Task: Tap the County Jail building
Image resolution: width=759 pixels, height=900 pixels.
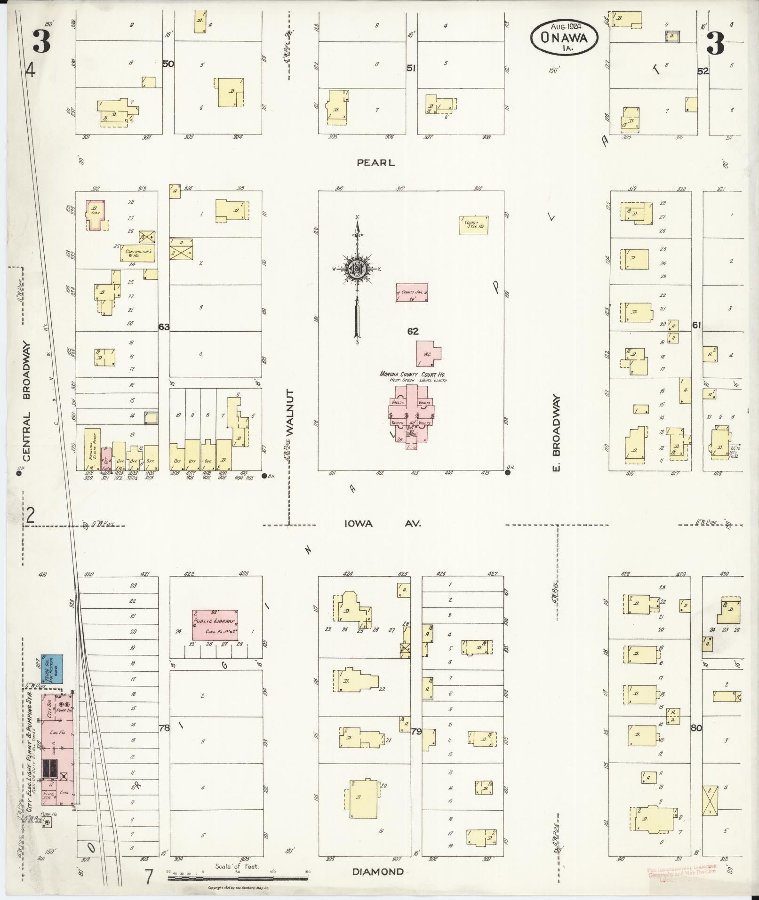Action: (412, 292)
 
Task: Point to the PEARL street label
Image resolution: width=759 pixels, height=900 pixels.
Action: (376, 163)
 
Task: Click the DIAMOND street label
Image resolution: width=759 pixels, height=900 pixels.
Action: (378, 872)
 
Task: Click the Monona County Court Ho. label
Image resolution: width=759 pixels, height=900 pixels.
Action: (413, 374)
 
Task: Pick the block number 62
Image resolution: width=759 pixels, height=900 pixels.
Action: (413, 332)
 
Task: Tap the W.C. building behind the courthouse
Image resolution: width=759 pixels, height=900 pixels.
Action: (428, 353)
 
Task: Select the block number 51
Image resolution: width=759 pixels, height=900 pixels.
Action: (411, 69)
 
